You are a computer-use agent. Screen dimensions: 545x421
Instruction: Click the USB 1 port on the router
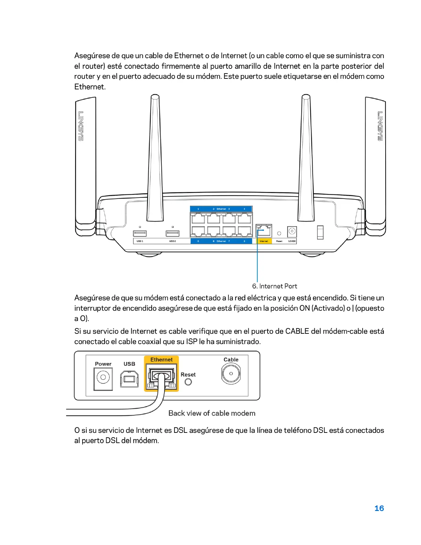pyautogui.click(x=140, y=233)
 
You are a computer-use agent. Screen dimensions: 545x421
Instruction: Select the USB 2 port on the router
pyautogui.click(x=173, y=233)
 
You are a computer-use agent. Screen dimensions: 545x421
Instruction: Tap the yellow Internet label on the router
pyautogui.click(x=264, y=241)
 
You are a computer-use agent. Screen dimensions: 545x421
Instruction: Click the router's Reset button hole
pyautogui.click(x=279, y=234)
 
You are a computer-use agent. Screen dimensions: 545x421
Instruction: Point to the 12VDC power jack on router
pyautogui.click(x=292, y=232)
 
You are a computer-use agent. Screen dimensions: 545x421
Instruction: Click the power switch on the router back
pyautogui.click(x=320, y=232)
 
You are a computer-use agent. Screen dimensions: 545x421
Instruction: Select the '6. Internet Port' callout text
pyautogui.click(x=274, y=286)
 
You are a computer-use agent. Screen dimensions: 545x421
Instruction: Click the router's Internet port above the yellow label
pyautogui.click(x=264, y=231)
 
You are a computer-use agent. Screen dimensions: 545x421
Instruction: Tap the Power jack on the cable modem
pyautogui.click(x=103, y=378)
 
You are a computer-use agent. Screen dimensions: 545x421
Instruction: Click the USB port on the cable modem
pyautogui.click(x=129, y=379)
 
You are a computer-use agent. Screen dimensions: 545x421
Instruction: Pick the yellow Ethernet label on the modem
pyautogui.click(x=161, y=360)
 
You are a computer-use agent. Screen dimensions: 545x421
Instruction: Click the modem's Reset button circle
pyautogui.click(x=188, y=382)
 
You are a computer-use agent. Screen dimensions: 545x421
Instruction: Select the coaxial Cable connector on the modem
pyautogui.click(x=231, y=374)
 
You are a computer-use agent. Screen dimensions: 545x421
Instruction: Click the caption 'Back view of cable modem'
pyautogui.click(x=212, y=413)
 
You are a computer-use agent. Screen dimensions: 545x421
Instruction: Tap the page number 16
pyautogui.click(x=379, y=508)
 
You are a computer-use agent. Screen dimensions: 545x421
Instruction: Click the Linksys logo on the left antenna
pyautogui.click(x=81, y=126)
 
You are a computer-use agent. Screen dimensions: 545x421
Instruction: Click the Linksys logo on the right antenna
pyautogui.click(x=380, y=126)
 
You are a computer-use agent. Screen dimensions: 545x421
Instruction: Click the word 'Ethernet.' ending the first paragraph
pyautogui.click(x=90, y=87)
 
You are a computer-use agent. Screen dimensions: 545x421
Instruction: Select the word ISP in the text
pyautogui.click(x=192, y=342)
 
